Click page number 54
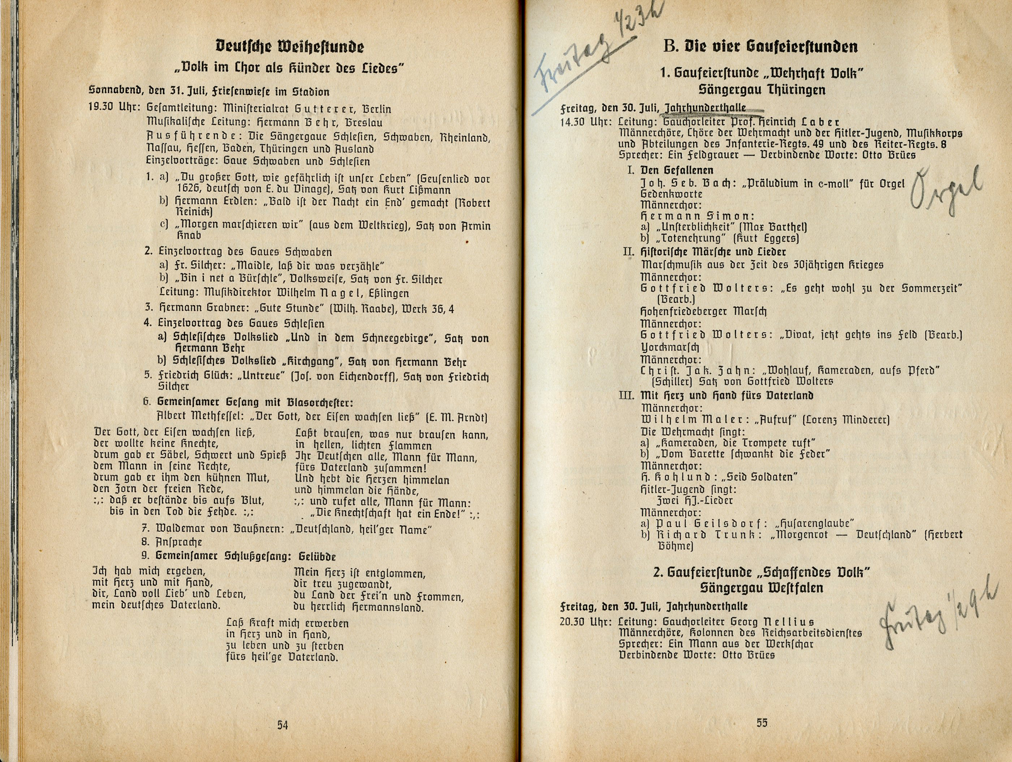pyautogui.click(x=282, y=725)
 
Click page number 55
pyautogui.click(x=761, y=723)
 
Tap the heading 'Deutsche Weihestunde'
pyautogui.click(x=290, y=46)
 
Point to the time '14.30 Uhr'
pyautogui.click(x=585, y=122)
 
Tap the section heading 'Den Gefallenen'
pyautogui.click(x=676, y=170)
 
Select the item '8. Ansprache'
pyautogui.click(x=172, y=542)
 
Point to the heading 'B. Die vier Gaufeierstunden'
pyautogui.click(x=761, y=46)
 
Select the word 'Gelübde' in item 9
pyautogui.click(x=317, y=556)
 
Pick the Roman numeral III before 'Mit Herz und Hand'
pyautogui.click(x=626, y=395)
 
